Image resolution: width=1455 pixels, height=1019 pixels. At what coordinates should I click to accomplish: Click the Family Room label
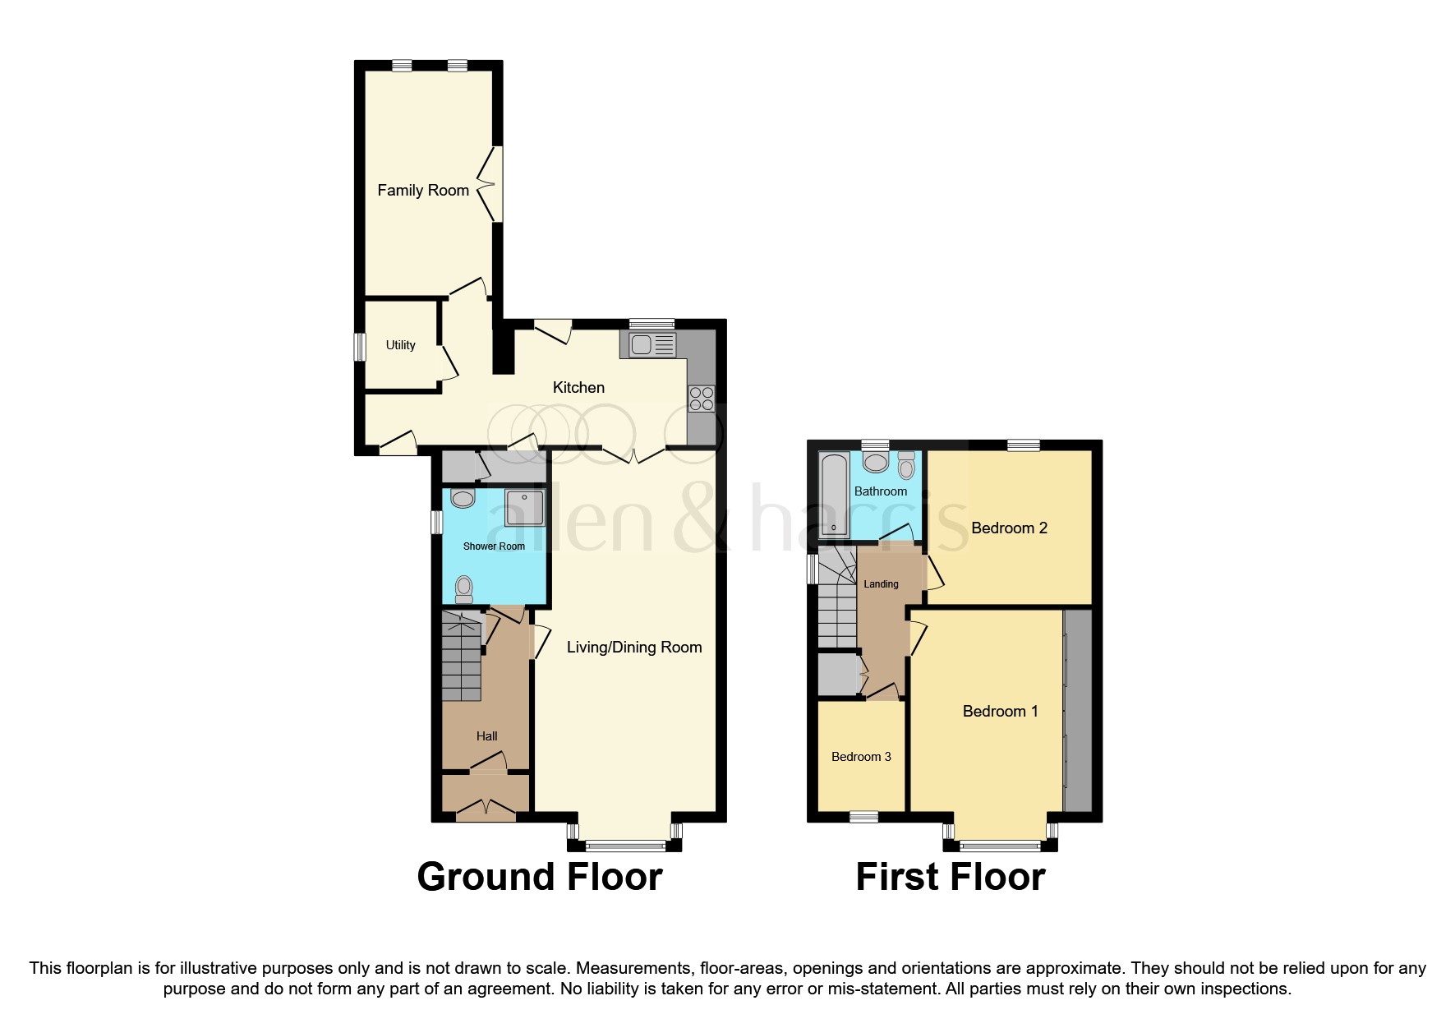point(423,191)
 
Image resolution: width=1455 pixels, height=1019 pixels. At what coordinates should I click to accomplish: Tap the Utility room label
point(400,345)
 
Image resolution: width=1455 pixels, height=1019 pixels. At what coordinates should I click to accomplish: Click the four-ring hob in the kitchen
point(702,399)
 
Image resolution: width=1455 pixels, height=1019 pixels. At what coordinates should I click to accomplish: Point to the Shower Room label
point(494,546)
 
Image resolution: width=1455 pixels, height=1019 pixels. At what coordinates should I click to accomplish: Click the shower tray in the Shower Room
point(524,508)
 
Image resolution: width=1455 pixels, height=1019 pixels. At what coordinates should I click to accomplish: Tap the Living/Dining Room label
point(634,648)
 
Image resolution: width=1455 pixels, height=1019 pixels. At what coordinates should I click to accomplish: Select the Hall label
point(486,736)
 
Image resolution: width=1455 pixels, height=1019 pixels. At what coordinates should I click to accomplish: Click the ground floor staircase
point(461,657)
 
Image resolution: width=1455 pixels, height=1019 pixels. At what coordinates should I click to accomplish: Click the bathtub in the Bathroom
point(834,493)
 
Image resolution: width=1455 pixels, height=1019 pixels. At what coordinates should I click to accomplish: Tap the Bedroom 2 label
point(1009,528)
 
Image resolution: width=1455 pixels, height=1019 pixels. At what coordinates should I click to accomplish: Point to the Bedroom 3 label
point(861,757)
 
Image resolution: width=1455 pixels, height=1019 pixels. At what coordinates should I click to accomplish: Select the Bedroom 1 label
point(1000,712)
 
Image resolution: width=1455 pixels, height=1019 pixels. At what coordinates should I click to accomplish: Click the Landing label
point(881,584)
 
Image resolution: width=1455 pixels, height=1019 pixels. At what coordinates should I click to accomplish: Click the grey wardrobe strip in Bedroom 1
point(1078,711)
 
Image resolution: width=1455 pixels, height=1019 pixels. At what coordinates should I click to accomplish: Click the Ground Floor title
point(540,877)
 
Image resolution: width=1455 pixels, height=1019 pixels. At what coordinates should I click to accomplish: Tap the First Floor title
point(951,877)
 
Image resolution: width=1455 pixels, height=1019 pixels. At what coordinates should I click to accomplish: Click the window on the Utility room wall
point(359,346)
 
